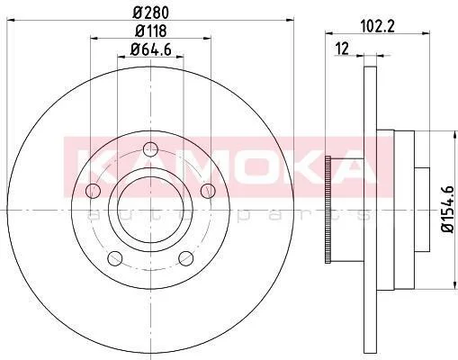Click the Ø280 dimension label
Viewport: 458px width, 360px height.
151,13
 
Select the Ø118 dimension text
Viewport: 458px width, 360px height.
150,31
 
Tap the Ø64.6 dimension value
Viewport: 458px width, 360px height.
151,49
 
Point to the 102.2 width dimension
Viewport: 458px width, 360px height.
378,26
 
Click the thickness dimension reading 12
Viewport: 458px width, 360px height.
342,49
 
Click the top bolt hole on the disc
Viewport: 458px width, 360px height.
150,149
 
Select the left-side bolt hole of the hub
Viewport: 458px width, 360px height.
93,191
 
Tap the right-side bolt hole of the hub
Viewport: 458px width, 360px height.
208,191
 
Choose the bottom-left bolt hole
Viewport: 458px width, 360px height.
115,258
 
